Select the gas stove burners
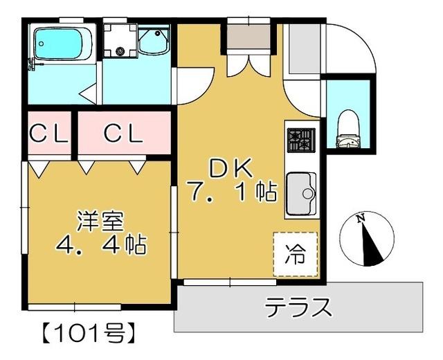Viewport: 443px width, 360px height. [301, 141]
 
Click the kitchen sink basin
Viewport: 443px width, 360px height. [300, 192]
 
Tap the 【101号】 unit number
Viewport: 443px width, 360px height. [83, 332]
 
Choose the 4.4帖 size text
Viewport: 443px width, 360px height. [100, 245]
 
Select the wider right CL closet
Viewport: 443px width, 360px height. [123, 133]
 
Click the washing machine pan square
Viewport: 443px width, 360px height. [120, 43]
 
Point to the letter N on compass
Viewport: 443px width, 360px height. [360, 219]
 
